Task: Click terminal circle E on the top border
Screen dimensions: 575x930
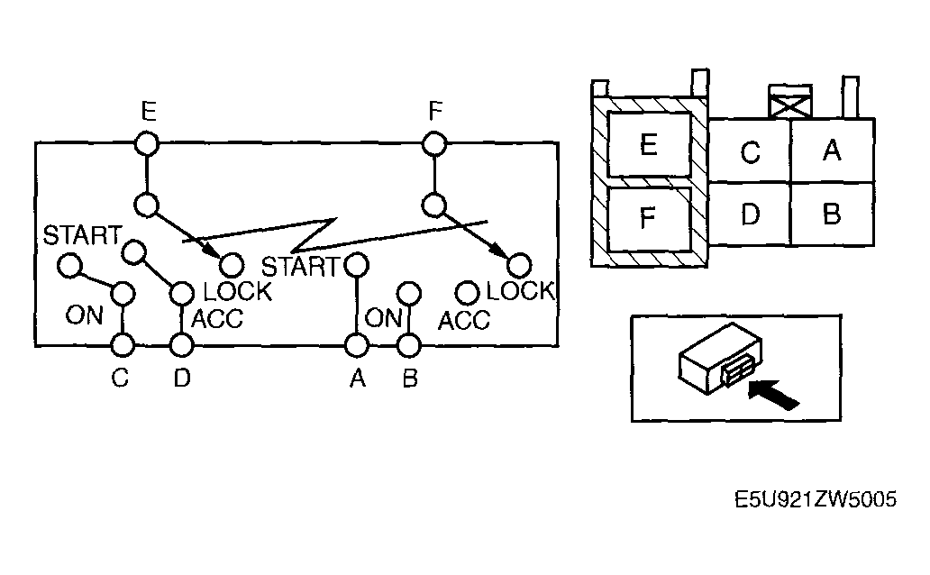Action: pyautogui.click(x=147, y=142)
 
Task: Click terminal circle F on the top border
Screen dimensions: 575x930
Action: pyautogui.click(x=434, y=142)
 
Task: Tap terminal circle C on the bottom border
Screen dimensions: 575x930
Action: pyautogui.click(x=122, y=344)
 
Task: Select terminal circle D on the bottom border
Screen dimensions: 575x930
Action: pyautogui.click(x=182, y=344)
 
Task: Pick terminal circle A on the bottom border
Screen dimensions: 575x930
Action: pyautogui.click(x=357, y=344)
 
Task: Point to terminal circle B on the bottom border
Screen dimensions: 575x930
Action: pyautogui.click(x=409, y=344)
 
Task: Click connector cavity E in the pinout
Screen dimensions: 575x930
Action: pyautogui.click(x=647, y=144)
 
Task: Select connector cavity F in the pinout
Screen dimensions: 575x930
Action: pyautogui.click(x=647, y=218)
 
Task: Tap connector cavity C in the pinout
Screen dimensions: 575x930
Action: pyautogui.click(x=750, y=151)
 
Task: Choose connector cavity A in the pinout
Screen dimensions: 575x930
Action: pyautogui.click(x=832, y=151)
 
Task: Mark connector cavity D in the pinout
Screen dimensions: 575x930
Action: pyautogui.click(x=750, y=214)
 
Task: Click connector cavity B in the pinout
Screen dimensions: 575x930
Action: pyautogui.click(x=832, y=214)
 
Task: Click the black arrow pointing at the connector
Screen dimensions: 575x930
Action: pyautogui.click(x=776, y=395)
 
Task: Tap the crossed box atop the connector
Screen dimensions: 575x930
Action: pyautogui.click(x=789, y=103)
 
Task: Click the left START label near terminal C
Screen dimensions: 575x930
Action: pyautogui.click(x=81, y=236)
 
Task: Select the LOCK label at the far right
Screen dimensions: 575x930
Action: pyautogui.click(x=519, y=291)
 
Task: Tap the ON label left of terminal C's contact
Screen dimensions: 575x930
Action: pyautogui.click(x=84, y=315)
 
